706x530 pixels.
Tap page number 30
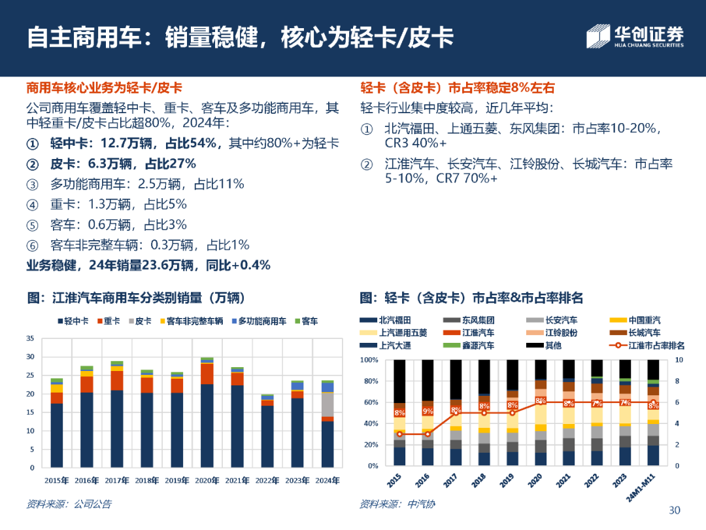[675, 510]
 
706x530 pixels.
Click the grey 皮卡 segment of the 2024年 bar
[328, 404]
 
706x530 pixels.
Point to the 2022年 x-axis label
[267, 480]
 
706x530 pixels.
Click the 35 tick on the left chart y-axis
[29, 338]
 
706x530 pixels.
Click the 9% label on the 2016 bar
[428, 412]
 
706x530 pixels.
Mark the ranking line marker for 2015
[399, 434]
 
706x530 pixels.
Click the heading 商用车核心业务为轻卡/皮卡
[104, 88]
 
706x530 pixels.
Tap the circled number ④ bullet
[32, 204]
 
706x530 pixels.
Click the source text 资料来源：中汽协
[396, 504]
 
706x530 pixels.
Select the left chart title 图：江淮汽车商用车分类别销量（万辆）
[135, 298]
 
